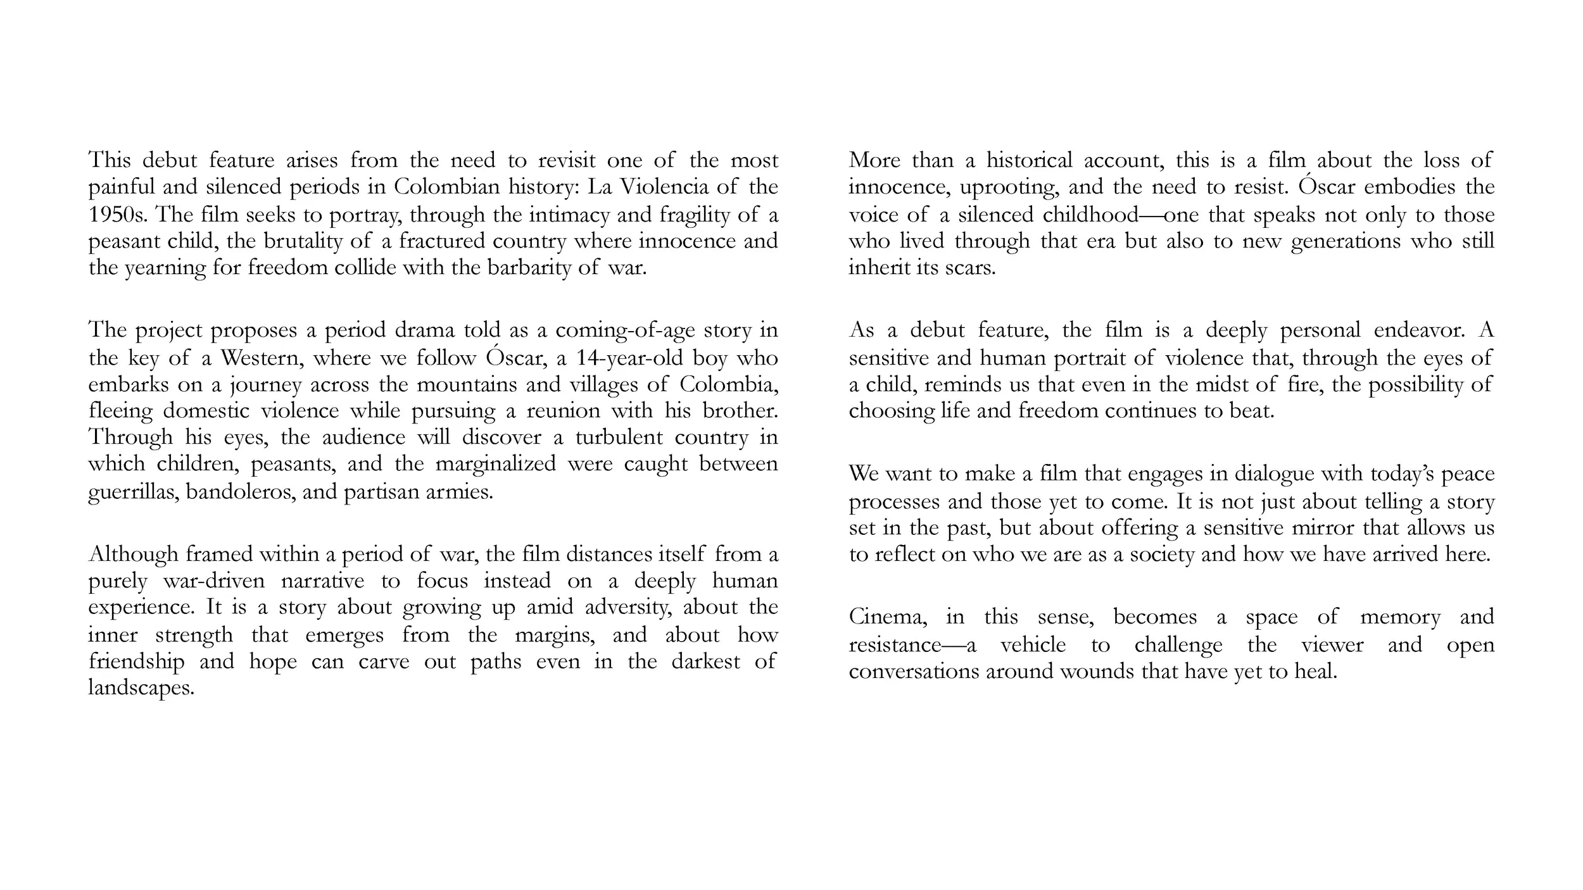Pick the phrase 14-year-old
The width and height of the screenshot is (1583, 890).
(x=629, y=358)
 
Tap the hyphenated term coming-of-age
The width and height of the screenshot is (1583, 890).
(x=624, y=330)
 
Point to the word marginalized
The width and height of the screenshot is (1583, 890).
(x=495, y=464)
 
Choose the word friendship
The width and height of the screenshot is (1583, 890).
(x=136, y=661)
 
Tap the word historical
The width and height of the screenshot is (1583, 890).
(x=1029, y=160)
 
